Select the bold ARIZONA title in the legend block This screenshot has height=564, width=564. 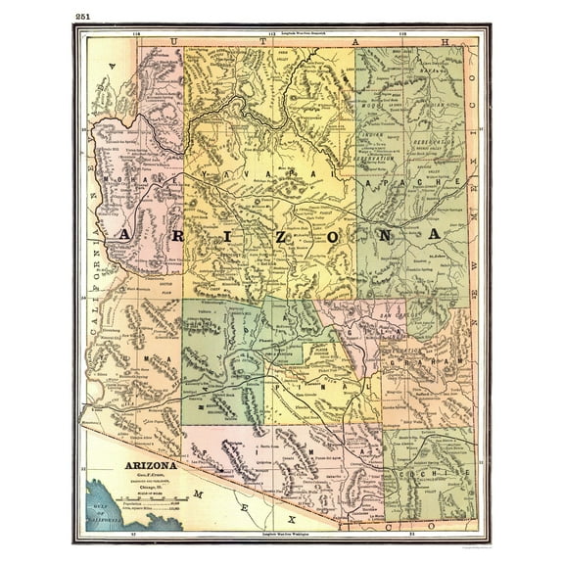[149, 465]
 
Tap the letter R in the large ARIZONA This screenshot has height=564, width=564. [172, 236]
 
